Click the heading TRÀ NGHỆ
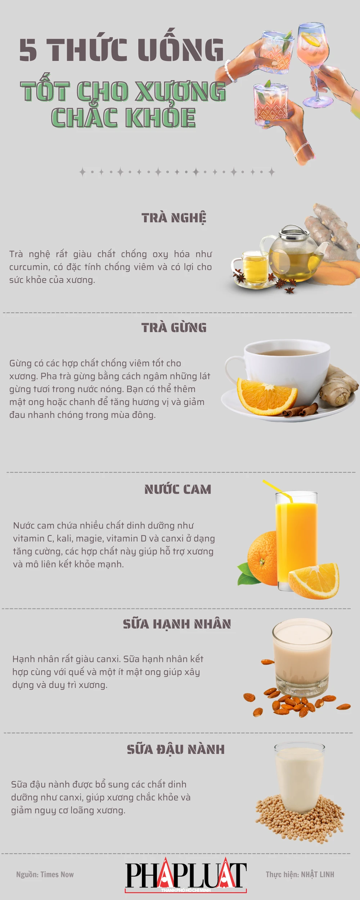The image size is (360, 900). click(x=174, y=218)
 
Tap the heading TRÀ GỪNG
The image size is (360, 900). click(x=174, y=328)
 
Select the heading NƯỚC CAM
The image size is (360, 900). click(x=178, y=489)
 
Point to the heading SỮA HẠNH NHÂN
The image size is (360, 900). click(x=177, y=624)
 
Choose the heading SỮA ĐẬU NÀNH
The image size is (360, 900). click(x=176, y=749)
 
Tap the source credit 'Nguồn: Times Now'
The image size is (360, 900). click(x=45, y=874)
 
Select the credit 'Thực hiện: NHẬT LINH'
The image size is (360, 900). click(x=300, y=874)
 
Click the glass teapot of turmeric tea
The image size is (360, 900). click(x=293, y=254)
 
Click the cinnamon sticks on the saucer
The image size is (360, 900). click(x=301, y=410)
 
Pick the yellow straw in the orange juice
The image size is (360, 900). click(x=277, y=490)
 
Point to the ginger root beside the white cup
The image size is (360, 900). click(x=338, y=387)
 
